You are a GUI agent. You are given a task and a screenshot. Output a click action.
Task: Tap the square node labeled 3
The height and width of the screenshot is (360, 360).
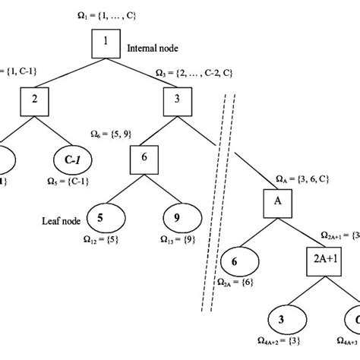pos(176,99)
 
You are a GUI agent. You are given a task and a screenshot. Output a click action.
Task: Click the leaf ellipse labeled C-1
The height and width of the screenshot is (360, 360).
pos(71,160)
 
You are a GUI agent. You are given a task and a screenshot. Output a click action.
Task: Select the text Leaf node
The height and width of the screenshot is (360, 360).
pos(61,222)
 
